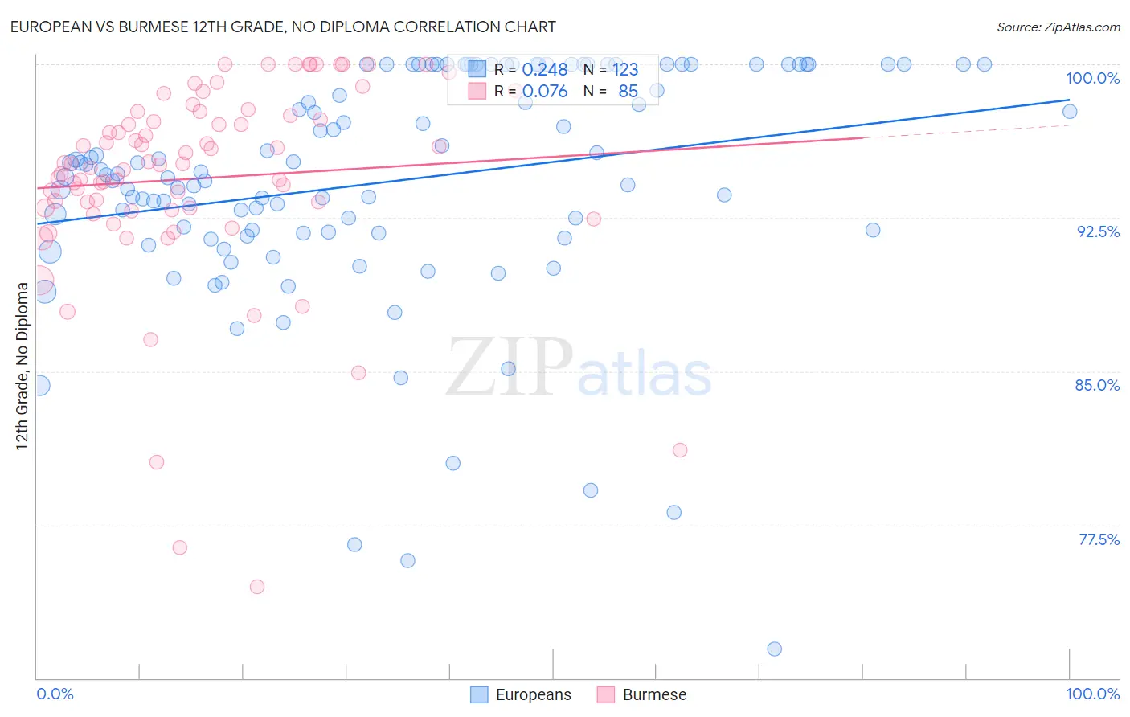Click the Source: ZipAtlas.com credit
(x=1058, y=27)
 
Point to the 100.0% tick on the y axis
(x=1092, y=78)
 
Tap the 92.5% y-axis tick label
(x=1098, y=231)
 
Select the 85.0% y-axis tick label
(x=1097, y=385)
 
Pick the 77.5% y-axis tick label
(x=1099, y=539)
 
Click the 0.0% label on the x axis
(x=55, y=694)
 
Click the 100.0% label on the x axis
(x=1092, y=694)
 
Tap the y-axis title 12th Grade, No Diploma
(x=23, y=366)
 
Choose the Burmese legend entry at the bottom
(x=641, y=694)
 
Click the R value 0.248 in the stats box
(x=544, y=69)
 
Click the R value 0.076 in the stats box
(x=544, y=91)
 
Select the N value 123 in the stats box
(x=625, y=69)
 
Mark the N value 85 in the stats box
(x=628, y=91)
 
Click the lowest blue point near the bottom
(x=774, y=649)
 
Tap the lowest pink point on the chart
(x=257, y=587)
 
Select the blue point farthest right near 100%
(x=1069, y=112)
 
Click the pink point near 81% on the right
(x=680, y=450)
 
